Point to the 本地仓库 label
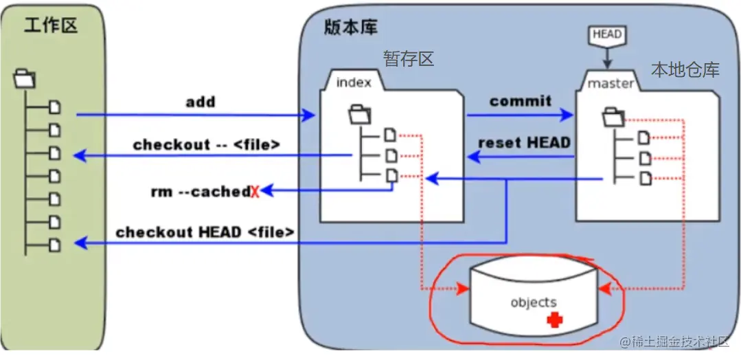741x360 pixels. click(x=685, y=69)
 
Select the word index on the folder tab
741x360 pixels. click(x=354, y=82)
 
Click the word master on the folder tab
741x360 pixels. click(x=611, y=83)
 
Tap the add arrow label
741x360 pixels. click(x=201, y=102)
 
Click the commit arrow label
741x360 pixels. click(x=521, y=100)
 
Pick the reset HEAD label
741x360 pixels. click(x=524, y=143)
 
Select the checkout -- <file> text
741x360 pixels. click(x=207, y=144)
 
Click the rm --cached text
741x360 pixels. click(x=200, y=192)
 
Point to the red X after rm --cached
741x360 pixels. click(x=254, y=192)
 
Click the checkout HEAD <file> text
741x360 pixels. click(x=205, y=232)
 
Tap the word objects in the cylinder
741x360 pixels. click(x=534, y=302)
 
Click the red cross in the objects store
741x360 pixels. click(x=554, y=319)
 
